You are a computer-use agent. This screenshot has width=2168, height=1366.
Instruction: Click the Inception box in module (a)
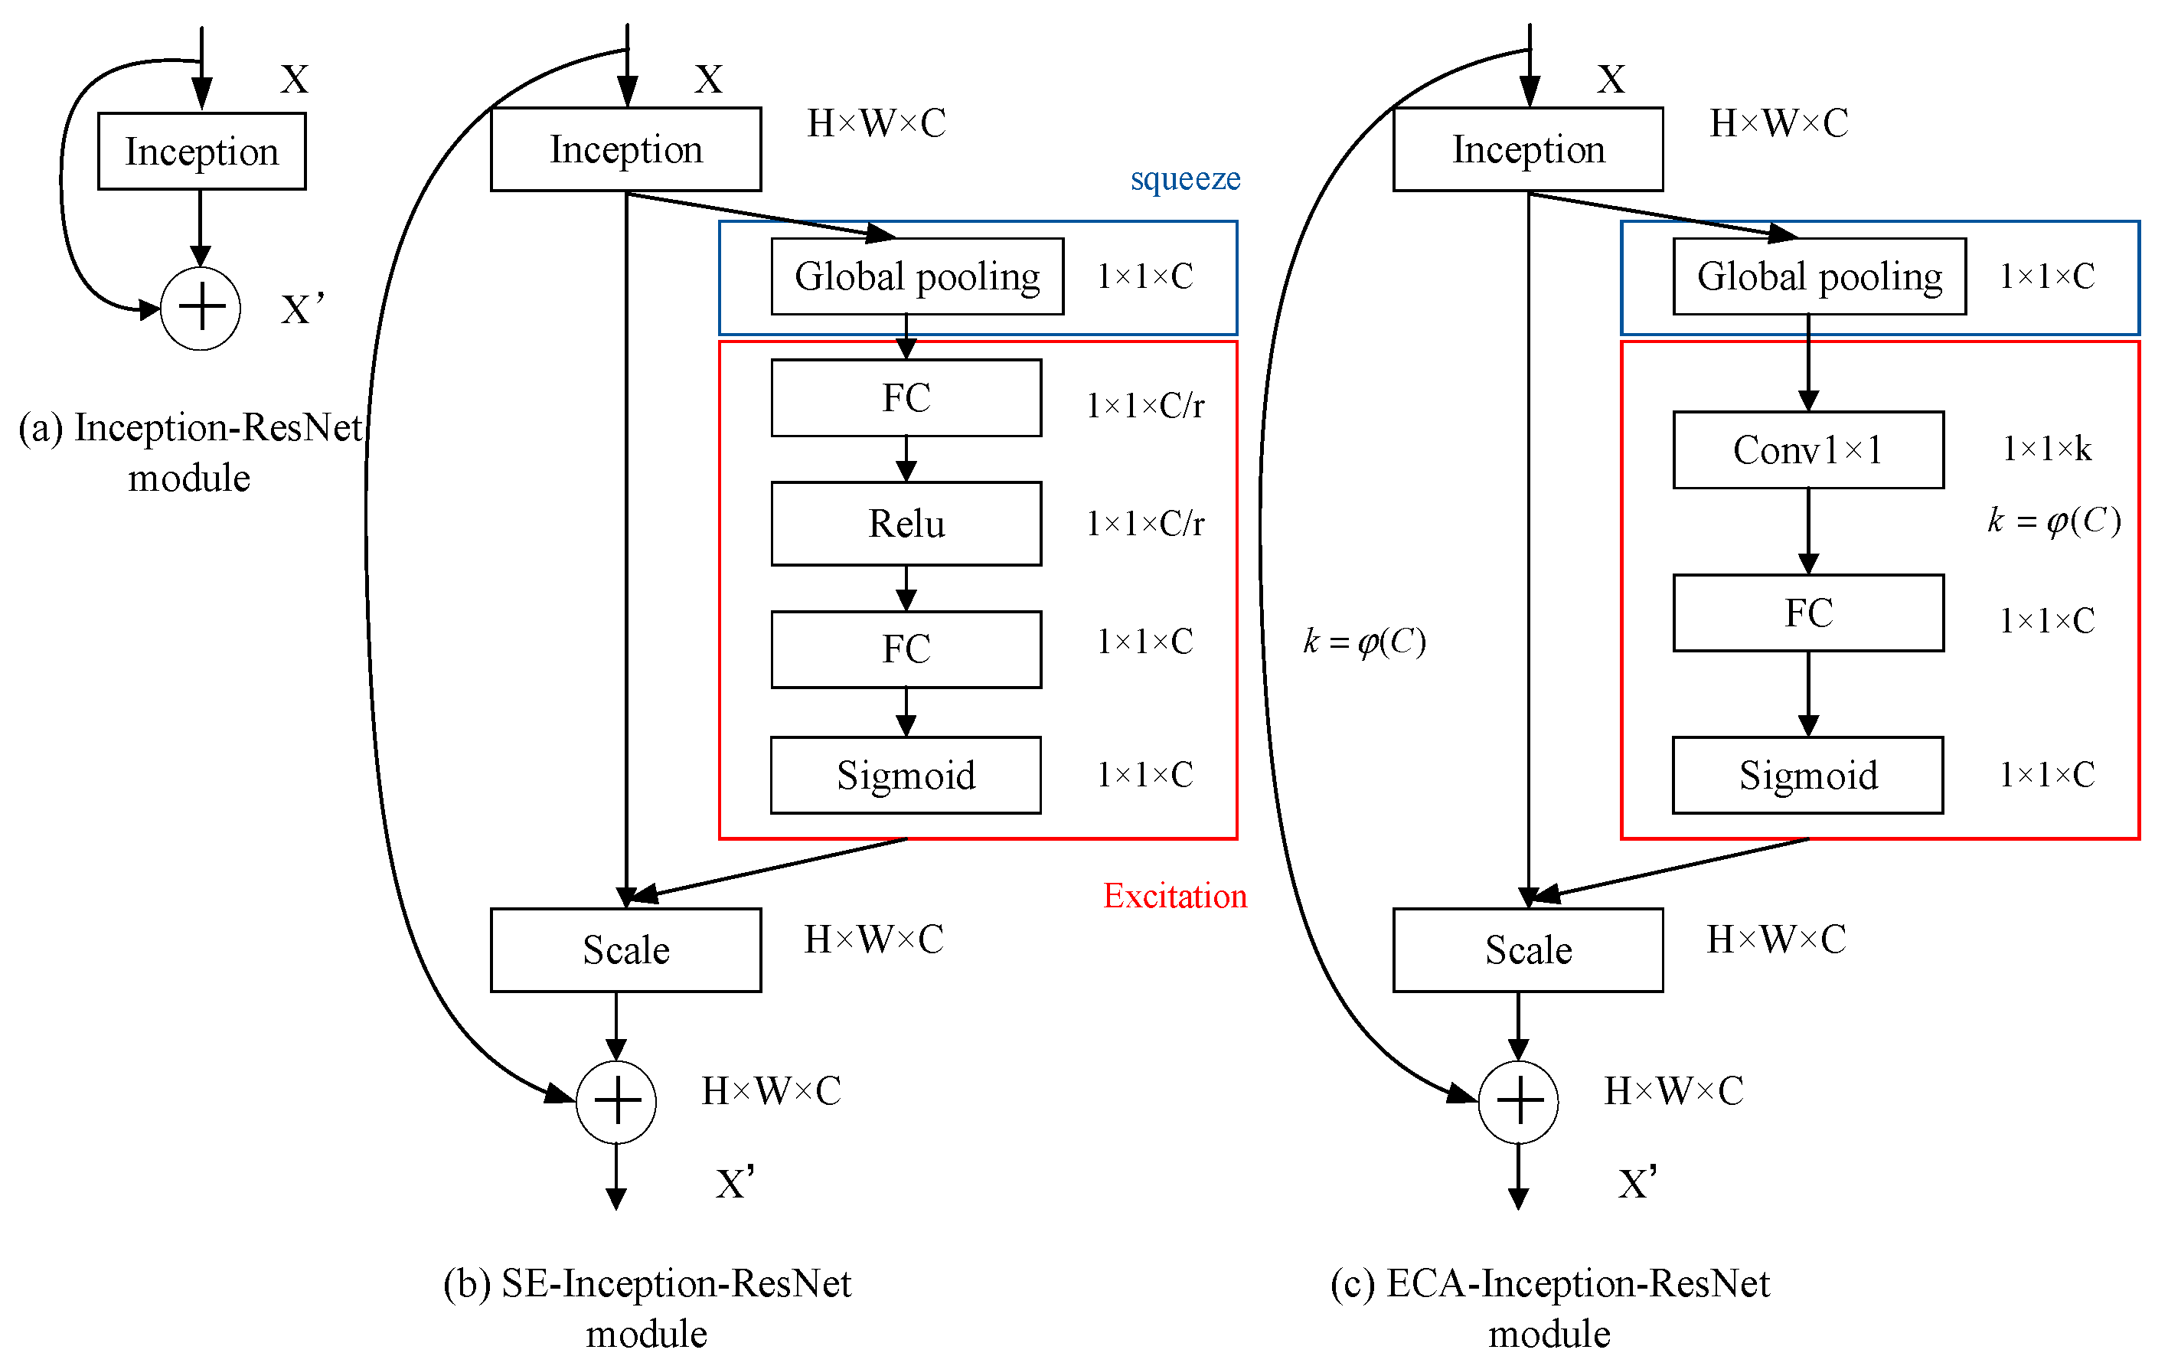201,152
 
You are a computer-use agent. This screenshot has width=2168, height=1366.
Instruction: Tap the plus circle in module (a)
200,309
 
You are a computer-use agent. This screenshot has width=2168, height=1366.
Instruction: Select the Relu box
906,523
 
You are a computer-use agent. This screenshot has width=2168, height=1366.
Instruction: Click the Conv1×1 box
1808,450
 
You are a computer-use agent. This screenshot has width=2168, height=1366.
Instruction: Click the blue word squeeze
1185,178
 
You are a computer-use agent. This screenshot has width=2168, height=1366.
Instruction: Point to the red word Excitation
1175,896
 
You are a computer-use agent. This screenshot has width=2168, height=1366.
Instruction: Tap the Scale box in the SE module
625,950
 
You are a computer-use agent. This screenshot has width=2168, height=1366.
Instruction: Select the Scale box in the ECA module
1528,950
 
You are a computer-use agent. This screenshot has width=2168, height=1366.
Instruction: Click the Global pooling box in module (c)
1819,276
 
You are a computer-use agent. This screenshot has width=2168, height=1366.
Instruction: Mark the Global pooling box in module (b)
916,276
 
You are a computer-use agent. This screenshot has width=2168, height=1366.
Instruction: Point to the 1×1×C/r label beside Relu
1144,523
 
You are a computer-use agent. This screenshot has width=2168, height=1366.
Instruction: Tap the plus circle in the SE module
615,1102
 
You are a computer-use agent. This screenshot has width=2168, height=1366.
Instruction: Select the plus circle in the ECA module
1518,1102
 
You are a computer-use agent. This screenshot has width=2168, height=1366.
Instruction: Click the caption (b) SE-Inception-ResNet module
646,1308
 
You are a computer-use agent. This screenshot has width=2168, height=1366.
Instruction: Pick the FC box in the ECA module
1808,613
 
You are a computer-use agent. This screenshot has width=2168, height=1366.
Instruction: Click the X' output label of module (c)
1637,1183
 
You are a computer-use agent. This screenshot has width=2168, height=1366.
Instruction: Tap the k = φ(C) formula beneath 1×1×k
2054,521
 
